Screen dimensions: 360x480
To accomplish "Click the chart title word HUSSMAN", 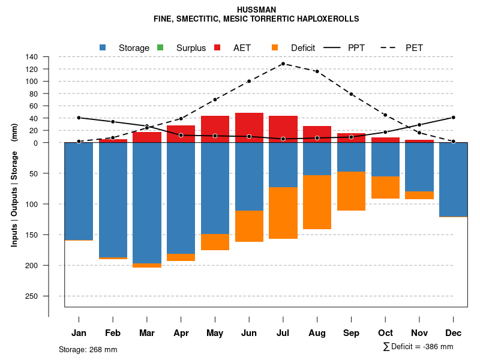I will coord(256,10).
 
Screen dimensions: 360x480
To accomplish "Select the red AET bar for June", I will coord(249,128).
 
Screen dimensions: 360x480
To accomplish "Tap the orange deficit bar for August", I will coord(317,202).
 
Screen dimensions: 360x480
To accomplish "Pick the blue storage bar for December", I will coord(453,179).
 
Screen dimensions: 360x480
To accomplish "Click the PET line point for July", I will coord(283,64).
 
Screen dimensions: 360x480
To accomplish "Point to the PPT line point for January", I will coord(79,118).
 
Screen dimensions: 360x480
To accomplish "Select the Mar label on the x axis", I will coord(147,333).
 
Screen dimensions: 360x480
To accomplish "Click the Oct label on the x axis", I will coord(385,333).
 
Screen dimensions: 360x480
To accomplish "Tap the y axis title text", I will coord(14,185).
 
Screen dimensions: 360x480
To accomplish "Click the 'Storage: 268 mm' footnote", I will coord(88,349).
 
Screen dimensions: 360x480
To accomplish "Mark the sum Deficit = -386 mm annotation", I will coord(418,346).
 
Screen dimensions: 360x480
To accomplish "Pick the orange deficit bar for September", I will coord(351,191).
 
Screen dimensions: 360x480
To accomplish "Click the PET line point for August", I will coord(317,71).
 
